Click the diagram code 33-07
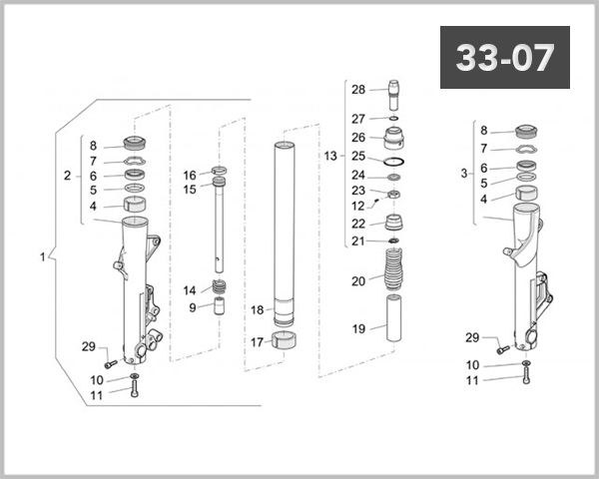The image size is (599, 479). pyautogui.click(x=504, y=58)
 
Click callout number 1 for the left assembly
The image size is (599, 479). pyautogui.click(x=42, y=256)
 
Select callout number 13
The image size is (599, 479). pyautogui.click(x=330, y=157)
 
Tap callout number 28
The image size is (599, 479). pyautogui.click(x=358, y=90)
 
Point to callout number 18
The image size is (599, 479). pyautogui.click(x=257, y=310)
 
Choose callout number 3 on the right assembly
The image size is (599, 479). pyautogui.click(x=464, y=173)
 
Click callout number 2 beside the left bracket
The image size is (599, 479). pyautogui.click(x=67, y=176)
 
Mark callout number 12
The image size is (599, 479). pyautogui.click(x=358, y=207)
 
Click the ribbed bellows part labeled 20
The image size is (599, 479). pyautogui.click(x=394, y=271)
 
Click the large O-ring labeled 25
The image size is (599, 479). pyautogui.click(x=394, y=158)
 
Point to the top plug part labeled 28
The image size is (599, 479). pyautogui.click(x=394, y=92)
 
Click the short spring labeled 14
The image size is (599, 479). pyautogui.click(x=219, y=288)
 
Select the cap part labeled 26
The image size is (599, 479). pyautogui.click(x=394, y=136)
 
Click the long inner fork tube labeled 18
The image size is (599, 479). pyautogui.click(x=287, y=230)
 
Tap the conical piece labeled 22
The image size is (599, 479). pyautogui.click(x=394, y=221)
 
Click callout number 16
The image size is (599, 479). pyautogui.click(x=189, y=175)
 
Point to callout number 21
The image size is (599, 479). pyautogui.click(x=358, y=241)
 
